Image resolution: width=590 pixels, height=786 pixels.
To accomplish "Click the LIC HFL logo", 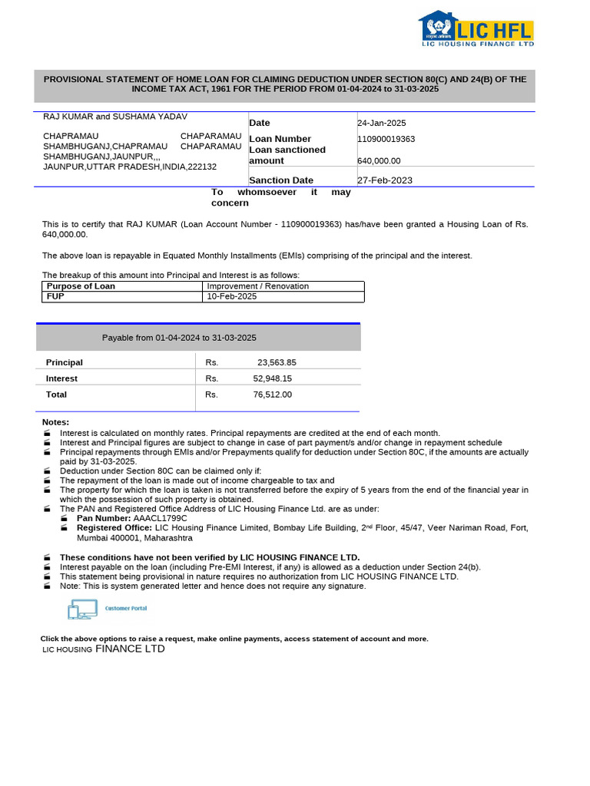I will (476, 29).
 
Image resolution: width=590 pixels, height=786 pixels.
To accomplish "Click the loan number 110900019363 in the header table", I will (386, 139).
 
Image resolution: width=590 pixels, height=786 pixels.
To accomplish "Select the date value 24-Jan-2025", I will (382, 123).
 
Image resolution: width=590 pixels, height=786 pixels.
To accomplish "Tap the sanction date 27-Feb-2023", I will (385, 180).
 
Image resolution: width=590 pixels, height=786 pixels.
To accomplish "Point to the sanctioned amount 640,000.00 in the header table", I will (379, 161).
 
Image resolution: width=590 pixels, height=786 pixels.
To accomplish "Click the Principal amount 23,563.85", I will (277, 362).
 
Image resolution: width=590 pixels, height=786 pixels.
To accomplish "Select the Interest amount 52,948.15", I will (272, 378).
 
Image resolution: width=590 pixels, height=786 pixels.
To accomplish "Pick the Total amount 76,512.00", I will (272, 395).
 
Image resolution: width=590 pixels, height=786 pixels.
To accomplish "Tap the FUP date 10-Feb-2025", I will (232, 296).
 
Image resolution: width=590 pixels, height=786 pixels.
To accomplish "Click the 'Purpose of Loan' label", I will (81, 286).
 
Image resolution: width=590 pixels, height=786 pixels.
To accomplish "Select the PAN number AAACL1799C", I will (160, 518).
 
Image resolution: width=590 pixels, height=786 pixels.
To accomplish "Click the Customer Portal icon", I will (108, 609).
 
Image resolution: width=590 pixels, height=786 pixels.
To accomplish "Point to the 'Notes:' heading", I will (55, 422).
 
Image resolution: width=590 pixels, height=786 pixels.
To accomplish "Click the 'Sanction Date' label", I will (281, 180).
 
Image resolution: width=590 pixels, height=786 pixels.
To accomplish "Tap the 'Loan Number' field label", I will (280, 139).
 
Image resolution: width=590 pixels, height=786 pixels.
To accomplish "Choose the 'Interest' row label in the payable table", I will (61, 378).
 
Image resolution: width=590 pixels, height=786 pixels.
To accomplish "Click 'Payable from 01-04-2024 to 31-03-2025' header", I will (179, 338).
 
